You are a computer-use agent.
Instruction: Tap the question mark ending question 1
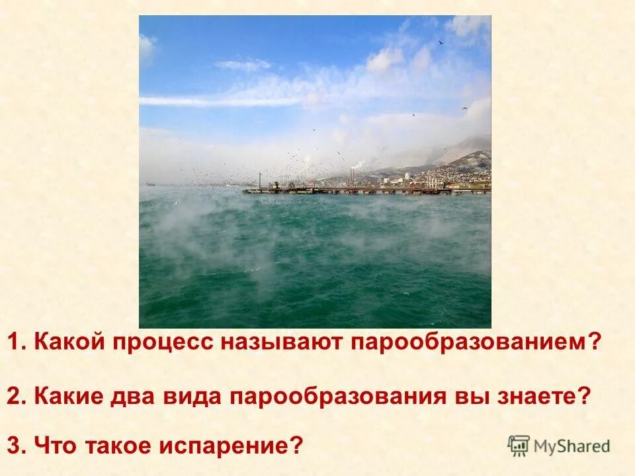coord(595,343)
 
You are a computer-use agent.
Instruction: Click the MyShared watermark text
coord(571,446)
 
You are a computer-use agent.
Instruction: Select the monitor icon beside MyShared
coord(519,446)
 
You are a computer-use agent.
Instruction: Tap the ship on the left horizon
coord(151,183)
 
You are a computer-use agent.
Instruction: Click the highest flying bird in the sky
coord(441,42)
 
